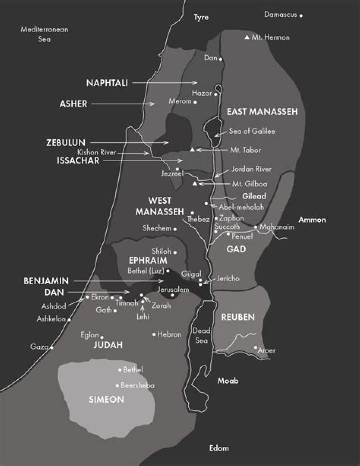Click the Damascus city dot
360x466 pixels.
(301, 16)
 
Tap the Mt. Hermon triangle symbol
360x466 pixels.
(247, 37)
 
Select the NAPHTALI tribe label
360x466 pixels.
(106, 83)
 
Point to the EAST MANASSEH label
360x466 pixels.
(262, 112)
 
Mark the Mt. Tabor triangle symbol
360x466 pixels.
(193, 150)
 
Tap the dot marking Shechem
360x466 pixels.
(175, 229)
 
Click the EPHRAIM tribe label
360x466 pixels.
(147, 261)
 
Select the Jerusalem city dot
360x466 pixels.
(173, 295)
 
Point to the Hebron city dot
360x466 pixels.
(154, 334)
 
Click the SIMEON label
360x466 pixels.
(106, 400)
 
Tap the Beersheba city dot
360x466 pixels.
(117, 386)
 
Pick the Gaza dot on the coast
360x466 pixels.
(52, 347)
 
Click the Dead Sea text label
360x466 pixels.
(202, 336)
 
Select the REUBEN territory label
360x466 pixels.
(238, 317)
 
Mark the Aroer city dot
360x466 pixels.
(255, 347)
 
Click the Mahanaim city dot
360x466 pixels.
(255, 227)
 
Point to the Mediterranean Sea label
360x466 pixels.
(44, 34)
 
